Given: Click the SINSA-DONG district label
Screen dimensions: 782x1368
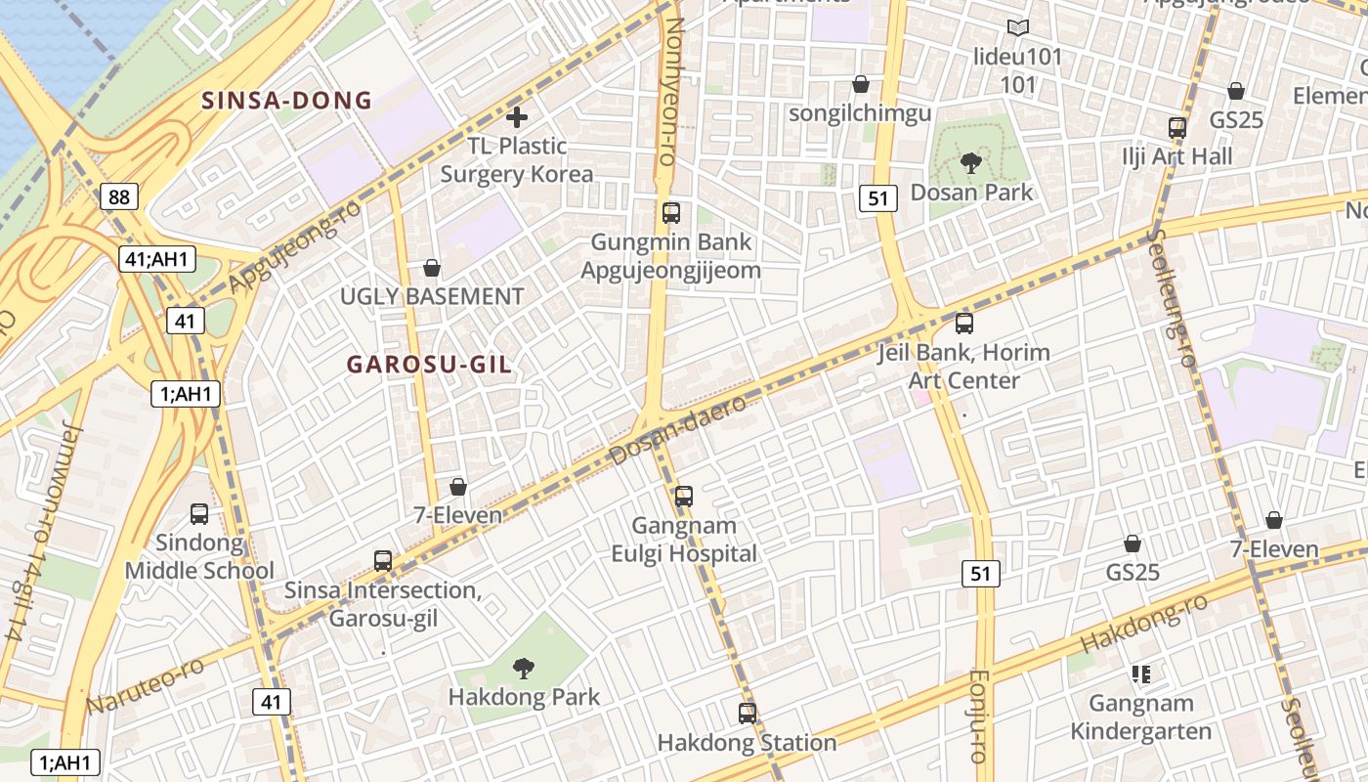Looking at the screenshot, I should point(287,100).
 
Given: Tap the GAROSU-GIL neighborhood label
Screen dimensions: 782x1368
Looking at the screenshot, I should point(429,365).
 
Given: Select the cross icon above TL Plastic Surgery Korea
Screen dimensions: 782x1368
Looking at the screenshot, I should point(517,118).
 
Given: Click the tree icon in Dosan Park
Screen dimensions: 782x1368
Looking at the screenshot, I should point(970,162).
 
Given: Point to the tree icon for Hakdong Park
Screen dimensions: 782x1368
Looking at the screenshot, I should point(524,669).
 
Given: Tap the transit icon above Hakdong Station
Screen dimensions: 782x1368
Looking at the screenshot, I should point(748,714).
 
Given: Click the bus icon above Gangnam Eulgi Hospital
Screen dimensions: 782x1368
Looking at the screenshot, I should point(684,497).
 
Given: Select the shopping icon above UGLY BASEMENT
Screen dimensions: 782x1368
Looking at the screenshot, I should point(432,268).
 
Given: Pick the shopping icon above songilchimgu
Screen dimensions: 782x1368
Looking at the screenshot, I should point(861,85).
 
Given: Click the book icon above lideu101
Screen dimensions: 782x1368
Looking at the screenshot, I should point(1018,28).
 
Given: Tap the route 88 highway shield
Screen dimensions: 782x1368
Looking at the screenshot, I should point(119,197).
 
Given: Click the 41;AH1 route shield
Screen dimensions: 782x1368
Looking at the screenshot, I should point(158,259).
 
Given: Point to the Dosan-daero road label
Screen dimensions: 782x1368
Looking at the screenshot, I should point(678,430).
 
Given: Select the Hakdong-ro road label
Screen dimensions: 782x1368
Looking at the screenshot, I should point(1143,625).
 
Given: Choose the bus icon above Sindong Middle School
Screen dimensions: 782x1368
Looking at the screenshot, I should point(199,514).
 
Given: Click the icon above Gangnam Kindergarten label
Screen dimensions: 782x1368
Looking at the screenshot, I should point(1140,674).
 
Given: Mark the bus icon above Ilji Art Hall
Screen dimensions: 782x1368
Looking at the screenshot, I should point(1177,128).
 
